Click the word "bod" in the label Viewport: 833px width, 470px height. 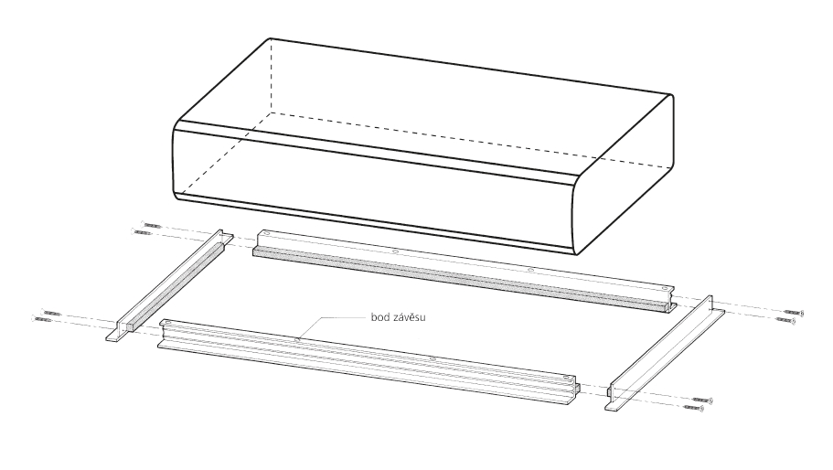click(x=379, y=317)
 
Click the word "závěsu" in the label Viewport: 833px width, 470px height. click(x=408, y=317)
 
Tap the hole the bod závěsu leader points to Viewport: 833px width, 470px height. click(x=297, y=338)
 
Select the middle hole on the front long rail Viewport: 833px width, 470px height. click(x=433, y=358)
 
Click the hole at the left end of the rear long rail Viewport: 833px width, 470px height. click(x=267, y=234)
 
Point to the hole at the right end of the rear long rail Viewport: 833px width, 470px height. click(x=665, y=288)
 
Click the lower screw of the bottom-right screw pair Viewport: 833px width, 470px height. click(x=694, y=408)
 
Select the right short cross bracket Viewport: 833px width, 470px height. click(x=665, y=353)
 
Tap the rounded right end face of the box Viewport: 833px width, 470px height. click(x=623, y=176)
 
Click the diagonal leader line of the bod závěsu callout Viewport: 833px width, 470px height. click(x=310, y=328)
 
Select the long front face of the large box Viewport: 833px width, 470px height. click(x=372, y=188)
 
